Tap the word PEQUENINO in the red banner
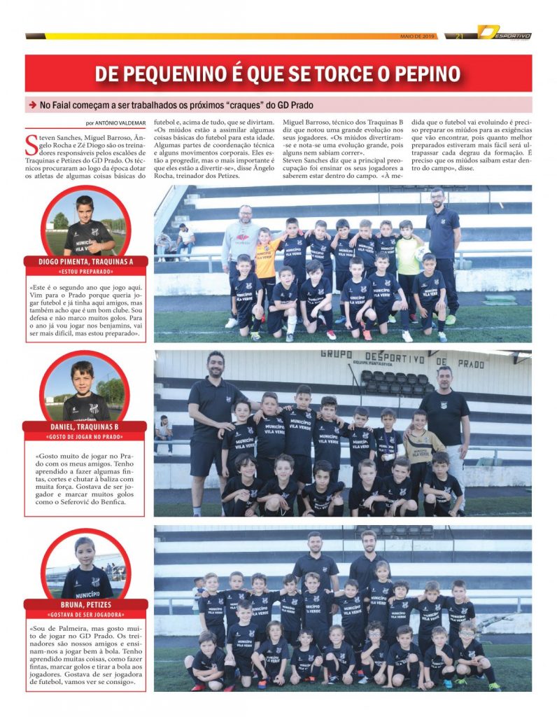(x=182, y=74)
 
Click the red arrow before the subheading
(x=32, y=105)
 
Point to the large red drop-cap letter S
(x=31, y=145)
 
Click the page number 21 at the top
(x=460, y=36)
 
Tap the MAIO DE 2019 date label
(x=418, y=36)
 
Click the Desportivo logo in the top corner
(x=504, y=33)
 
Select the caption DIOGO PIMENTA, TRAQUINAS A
(x=85, y=261)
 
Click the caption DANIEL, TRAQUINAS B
(x=85, y=426)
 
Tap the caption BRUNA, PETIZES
(x=85, y=604)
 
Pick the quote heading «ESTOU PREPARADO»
(x=85, y=271)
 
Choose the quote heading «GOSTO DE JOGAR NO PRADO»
(x=85, y=436)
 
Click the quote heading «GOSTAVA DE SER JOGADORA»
(x=85, y=614)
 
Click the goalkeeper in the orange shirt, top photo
(x=266, y=259)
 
